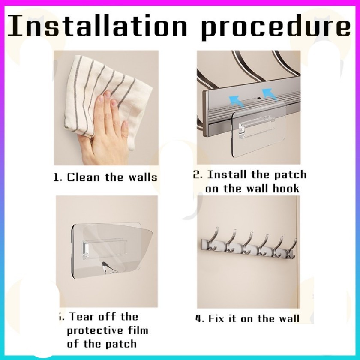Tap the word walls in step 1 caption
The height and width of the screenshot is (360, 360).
coord(143,177)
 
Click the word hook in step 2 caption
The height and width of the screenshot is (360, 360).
coord(286,189)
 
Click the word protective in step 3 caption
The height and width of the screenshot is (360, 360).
coord(92,331)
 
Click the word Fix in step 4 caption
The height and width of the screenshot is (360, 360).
coord(216,318)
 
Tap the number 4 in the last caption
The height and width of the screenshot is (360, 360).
coord(198,319)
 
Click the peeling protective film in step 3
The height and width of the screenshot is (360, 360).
coord(117,249)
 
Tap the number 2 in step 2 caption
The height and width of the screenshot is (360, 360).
coord(197,174)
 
